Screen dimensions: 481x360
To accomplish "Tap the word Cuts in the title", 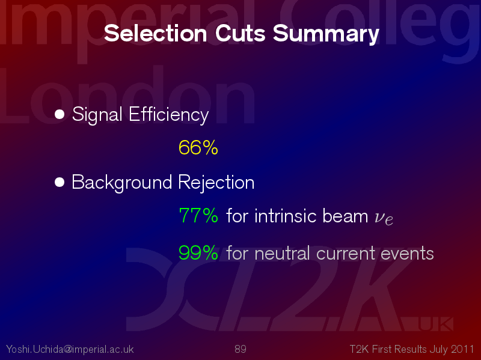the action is tap(240, 33).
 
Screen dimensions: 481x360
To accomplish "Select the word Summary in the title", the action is tap(326, 34).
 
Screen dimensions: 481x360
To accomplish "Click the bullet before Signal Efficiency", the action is tap(60, 114).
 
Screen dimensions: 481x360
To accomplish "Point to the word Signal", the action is tap(97, 115).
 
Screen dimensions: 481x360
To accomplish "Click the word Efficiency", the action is tap(169, 115).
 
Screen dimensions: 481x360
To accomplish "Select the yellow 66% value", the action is tap(198, 147).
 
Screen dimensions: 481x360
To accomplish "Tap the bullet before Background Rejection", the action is tap(60, 182).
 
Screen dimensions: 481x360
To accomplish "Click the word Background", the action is tap(122, 183).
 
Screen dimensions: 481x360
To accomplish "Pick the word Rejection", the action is tap(216, 183).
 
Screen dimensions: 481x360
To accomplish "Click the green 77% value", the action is tap(198, 215).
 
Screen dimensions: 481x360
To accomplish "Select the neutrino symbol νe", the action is tap(384, 218).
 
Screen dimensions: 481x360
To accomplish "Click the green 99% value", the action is tap(198, 253).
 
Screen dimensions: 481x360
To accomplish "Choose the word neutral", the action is tap(282, 253).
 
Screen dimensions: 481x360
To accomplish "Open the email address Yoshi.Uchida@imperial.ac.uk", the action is tap(70, 349).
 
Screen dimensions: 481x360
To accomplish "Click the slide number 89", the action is tap(240, 349).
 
